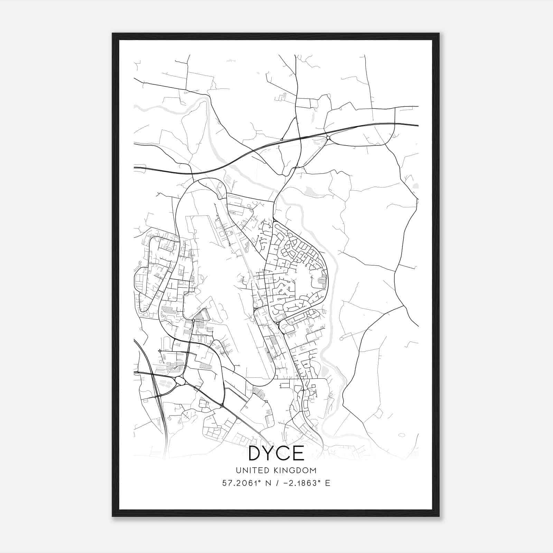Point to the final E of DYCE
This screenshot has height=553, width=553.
299,453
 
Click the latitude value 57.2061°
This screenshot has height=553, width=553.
241,483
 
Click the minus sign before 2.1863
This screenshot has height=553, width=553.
285,483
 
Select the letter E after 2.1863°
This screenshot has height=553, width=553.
328,483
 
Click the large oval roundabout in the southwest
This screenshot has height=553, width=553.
180,381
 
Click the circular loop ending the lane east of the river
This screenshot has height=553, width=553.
341,339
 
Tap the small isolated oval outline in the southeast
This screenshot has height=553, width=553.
402,435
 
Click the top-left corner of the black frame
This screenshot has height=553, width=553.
113,34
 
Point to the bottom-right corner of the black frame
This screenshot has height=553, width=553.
439,516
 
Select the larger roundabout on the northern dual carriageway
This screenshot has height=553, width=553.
328,138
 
